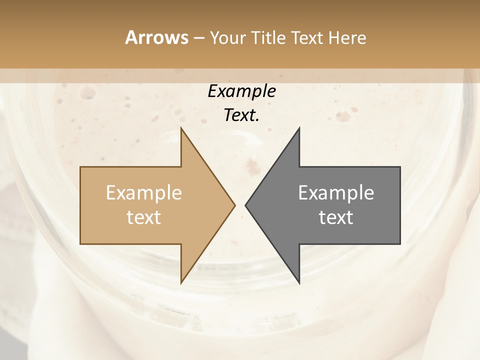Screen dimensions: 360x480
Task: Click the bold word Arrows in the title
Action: [x=156, y=37]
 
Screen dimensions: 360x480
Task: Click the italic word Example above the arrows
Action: [x=242, y=91]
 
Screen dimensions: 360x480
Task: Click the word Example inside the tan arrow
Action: [x=143, y=193]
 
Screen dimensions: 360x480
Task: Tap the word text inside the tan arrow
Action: [x=143, y=217]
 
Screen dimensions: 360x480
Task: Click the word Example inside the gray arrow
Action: [x=336, y=193]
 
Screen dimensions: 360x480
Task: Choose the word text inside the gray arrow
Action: [x=336, y=217]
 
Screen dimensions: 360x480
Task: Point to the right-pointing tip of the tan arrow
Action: [x=235, y=205]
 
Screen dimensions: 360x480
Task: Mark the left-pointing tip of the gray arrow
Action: [x=245, y=205]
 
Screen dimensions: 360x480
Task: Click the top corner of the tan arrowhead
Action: [x=181, y=128]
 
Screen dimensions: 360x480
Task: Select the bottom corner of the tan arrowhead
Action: [x=181, y=283]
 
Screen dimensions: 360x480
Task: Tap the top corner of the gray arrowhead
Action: [x=299, y=128]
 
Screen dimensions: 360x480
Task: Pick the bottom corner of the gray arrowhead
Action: [x=299, y=283]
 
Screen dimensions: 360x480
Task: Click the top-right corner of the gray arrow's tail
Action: [x=400, y=167]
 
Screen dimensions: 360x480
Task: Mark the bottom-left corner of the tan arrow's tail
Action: [x=80, y=243]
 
